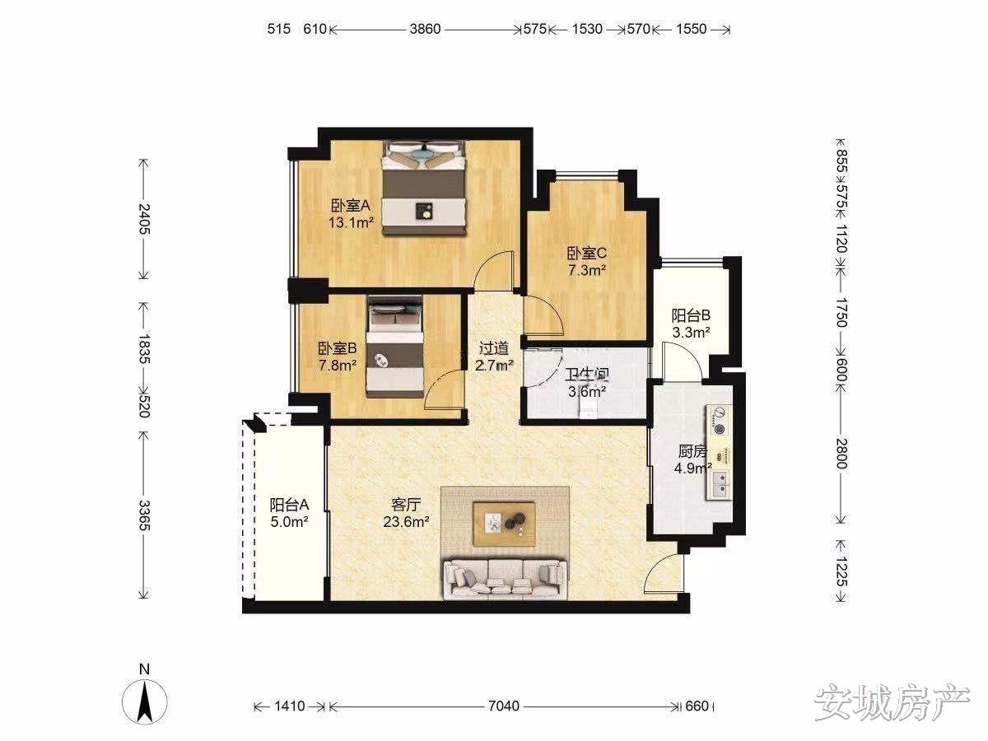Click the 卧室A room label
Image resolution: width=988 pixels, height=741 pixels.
click(351, 206)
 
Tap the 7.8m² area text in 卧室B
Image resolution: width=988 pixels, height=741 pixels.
click(338, 365)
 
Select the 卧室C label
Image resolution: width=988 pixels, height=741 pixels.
click(586, 254)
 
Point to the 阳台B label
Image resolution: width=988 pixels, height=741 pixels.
click(691, 316)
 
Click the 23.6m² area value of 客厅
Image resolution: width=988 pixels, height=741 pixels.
click(406, 522)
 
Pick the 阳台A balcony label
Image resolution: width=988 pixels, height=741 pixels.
click(289, 505)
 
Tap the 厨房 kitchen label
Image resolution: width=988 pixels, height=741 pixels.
click(692, 451)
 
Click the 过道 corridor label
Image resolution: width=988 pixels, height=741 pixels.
click(494, 348)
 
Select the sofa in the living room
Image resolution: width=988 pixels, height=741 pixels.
click(506, 580)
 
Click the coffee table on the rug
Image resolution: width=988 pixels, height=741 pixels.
click(504, 524)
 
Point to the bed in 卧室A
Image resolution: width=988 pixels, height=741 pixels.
click(423, 188)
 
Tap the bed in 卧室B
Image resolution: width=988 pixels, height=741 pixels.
click(394, 347)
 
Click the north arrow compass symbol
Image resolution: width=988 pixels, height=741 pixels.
click(144, 702)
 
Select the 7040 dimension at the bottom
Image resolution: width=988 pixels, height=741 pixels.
click(504, 706)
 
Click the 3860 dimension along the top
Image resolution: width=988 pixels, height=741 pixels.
click(425, 30)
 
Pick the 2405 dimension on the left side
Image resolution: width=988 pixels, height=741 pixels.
click(144, 219)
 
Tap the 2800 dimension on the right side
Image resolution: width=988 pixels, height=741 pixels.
click(841, 454)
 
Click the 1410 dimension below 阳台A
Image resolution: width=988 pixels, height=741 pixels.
click(290, 706)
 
